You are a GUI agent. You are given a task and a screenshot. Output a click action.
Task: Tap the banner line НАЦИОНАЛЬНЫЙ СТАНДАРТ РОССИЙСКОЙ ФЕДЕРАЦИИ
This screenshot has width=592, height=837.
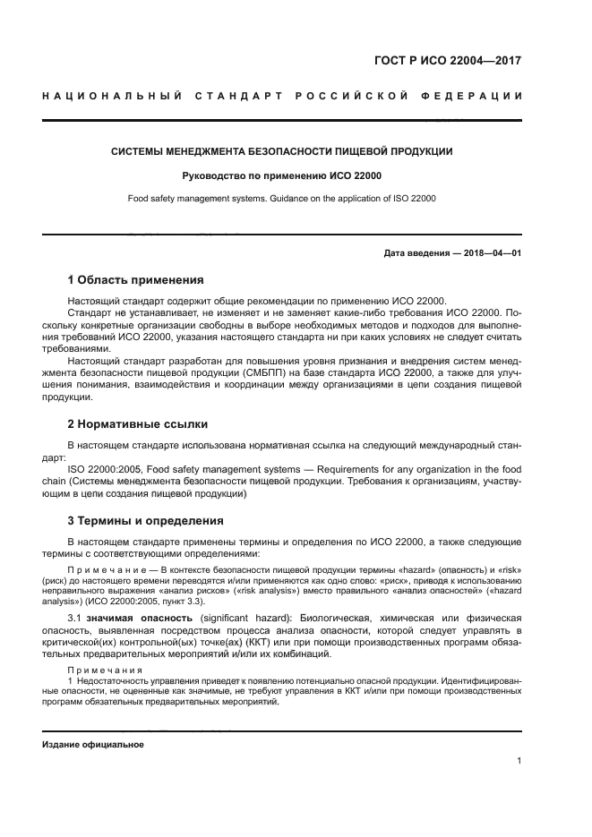pos(282,96)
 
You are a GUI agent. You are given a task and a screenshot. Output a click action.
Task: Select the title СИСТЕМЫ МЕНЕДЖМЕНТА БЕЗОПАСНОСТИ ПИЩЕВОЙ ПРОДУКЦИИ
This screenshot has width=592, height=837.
pos(282,151)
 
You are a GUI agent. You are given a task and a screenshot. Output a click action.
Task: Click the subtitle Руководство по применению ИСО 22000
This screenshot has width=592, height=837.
pos(282,175)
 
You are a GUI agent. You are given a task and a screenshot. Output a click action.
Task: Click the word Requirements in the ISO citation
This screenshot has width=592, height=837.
pos(347,468)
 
